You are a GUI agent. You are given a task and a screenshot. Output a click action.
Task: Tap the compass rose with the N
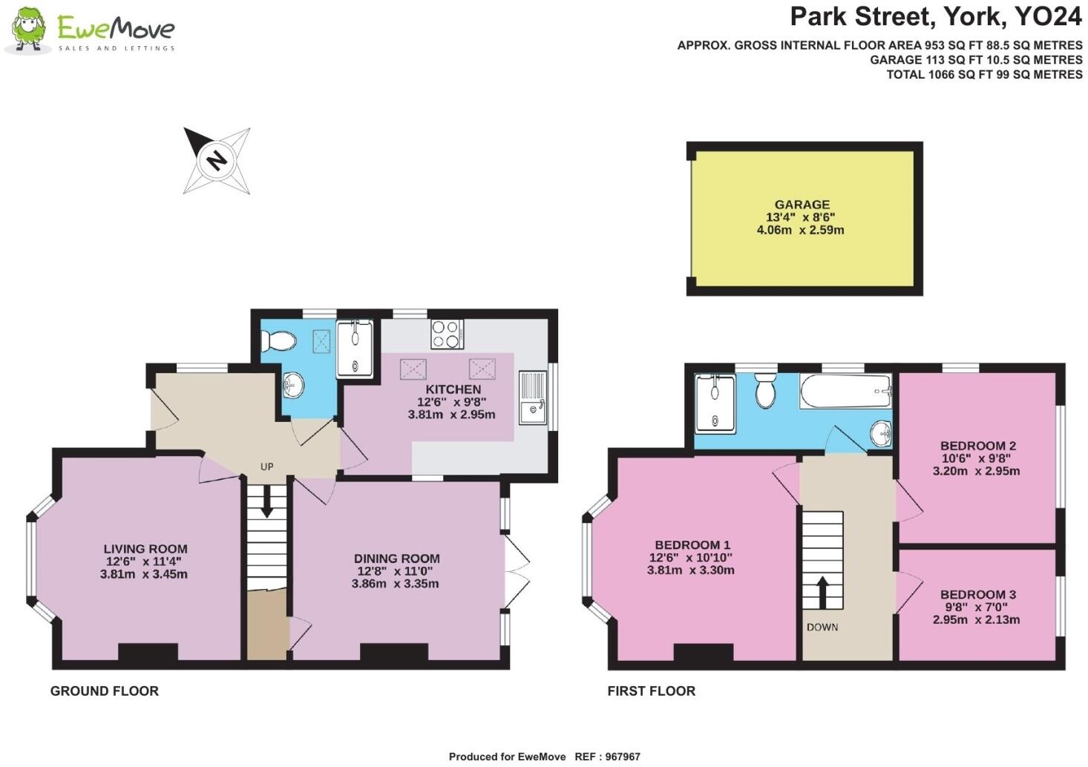coord(217,160)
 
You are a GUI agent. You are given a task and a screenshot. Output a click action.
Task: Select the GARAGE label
coord(802,205)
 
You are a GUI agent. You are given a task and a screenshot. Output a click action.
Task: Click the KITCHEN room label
coord(453,389)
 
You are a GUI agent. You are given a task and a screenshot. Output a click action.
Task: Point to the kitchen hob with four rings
coord(448,334)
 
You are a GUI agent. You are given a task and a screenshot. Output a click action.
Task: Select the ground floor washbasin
coord(294,384)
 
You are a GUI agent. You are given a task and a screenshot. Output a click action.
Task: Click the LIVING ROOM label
coord(145,550)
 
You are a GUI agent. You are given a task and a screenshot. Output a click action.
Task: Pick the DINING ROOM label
coord(396,559)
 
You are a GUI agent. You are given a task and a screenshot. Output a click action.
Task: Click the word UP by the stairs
coord(266,467)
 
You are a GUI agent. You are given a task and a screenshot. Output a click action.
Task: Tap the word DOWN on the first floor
coord(822,627)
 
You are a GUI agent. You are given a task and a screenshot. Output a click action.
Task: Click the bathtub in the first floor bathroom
coord(845,391)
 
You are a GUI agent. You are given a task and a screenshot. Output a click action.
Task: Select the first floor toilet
coord(765,390)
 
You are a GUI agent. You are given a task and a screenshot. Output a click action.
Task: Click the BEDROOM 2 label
coord(977,446)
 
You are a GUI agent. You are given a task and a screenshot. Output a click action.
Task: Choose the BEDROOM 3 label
coord(977,594)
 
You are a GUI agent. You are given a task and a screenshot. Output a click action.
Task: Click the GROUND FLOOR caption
coord(105,691)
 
